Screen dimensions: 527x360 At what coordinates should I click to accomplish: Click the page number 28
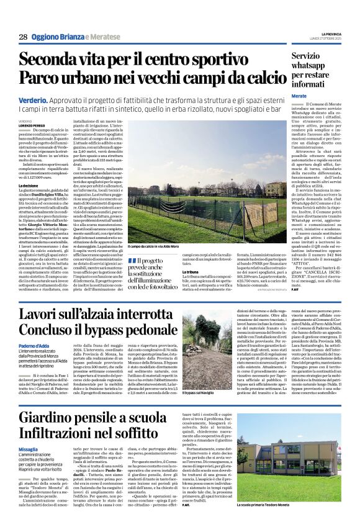(23, 37)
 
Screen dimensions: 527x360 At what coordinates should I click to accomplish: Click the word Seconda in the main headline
(56, 60)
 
